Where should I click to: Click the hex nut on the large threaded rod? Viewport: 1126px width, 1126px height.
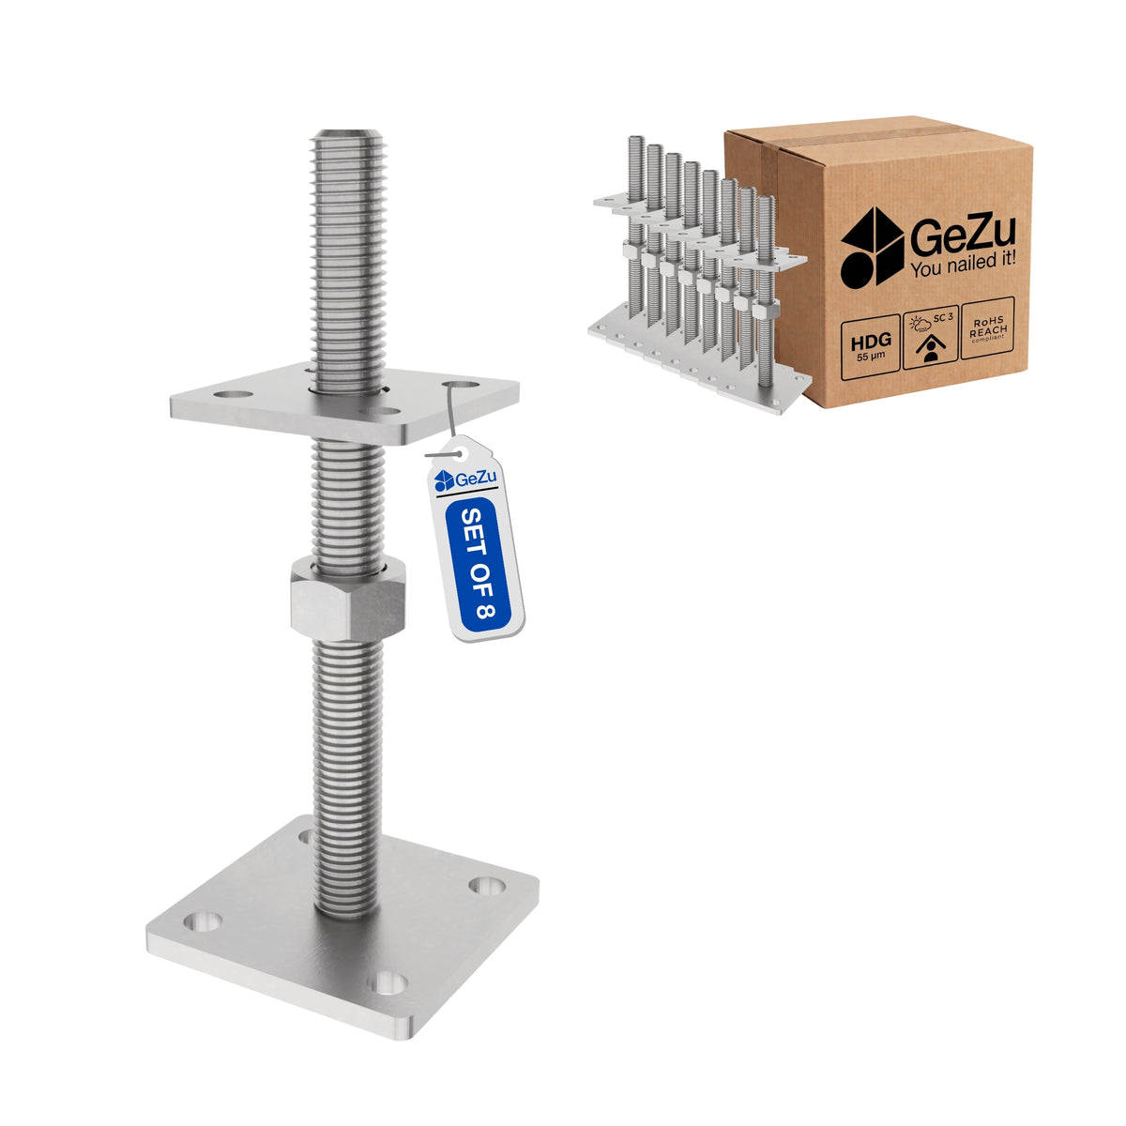tap(348, 598)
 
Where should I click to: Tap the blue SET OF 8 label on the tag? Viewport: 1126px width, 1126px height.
tap(478, 565)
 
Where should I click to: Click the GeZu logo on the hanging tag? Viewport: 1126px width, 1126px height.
tap(465, 479)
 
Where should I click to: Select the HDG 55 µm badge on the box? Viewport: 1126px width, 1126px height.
tap(871, 348)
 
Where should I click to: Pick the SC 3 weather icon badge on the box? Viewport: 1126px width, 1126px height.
tap(930, 337)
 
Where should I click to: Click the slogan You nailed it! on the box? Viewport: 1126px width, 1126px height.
tap(963, 266)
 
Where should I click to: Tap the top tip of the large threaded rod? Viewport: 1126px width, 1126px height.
tap(347, 132)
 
